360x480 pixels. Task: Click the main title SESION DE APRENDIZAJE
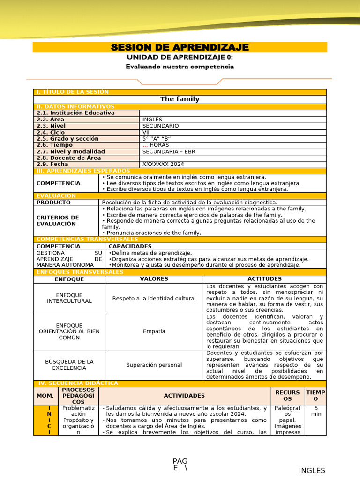180,47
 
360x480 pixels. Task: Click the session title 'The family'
180,99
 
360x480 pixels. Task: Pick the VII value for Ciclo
146,133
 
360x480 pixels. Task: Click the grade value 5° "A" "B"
157,139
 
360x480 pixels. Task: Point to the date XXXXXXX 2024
163,165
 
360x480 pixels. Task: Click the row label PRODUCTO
53,202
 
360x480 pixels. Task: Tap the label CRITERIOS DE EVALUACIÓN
58,221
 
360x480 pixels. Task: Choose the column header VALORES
154,279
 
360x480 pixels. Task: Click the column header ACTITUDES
265,279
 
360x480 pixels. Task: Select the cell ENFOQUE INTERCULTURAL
69,298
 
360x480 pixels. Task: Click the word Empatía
154,331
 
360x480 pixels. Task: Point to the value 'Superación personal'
154,365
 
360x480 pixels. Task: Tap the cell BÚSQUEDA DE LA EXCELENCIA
69,365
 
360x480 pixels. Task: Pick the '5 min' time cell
317,411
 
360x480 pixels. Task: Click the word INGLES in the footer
312,471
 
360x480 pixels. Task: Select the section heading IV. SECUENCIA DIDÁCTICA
78,383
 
